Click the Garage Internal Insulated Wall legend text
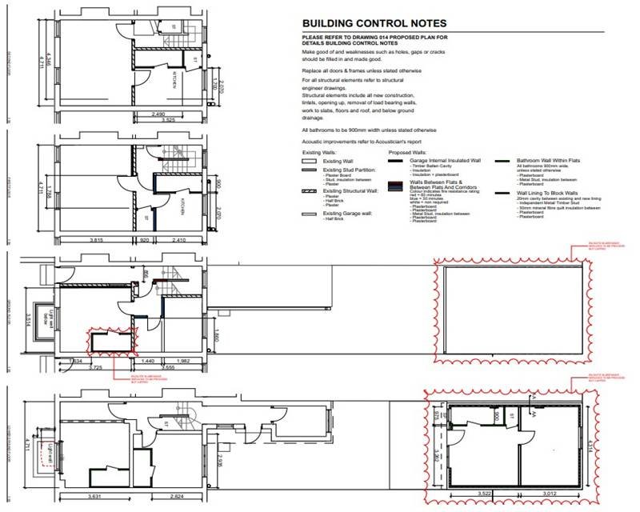pyautogui.click(x=449, y=161)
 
